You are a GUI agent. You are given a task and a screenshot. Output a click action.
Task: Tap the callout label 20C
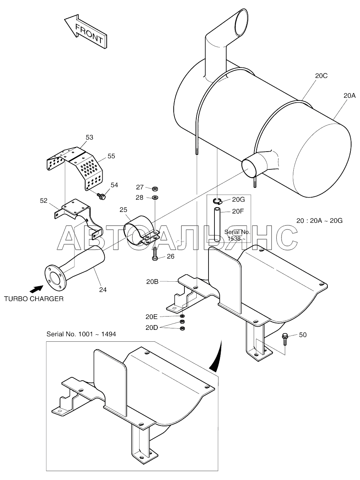(321, 76)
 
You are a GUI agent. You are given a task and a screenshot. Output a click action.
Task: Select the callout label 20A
(349, 96)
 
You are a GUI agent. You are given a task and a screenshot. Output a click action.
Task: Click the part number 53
(89, 137)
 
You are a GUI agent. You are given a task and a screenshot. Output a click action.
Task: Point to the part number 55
(111, 156)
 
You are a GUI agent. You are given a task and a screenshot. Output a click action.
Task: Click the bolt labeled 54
(101, 196)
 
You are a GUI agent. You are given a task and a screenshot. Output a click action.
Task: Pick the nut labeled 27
(155, 188)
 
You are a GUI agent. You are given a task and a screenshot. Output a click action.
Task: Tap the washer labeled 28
(155, 197)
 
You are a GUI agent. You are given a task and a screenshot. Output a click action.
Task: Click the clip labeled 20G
(217, 201)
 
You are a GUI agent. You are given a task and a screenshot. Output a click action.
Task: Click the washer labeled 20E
(182, 316)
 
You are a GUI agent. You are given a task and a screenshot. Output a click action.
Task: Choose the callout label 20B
(152, 282)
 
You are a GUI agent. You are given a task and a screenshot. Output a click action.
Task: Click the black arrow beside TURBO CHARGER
(36, 288)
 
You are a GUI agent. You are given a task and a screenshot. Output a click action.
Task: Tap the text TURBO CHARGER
(34, 299)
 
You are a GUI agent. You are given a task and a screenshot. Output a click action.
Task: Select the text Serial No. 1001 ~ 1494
(81, 334)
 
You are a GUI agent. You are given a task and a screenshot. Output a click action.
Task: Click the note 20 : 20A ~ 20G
(319, 221)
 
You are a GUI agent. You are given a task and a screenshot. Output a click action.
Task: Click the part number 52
(44, 201)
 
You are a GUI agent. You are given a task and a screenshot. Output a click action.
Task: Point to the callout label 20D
(151, 328)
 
